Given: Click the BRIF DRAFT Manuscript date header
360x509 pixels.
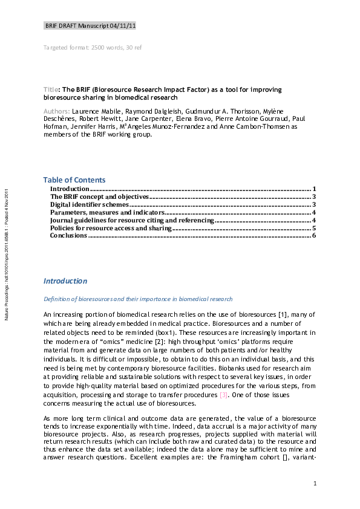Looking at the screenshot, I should [90, 27].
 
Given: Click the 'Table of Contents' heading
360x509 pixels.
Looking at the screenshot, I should [74, 180].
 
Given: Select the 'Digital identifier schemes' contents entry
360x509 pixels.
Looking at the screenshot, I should [85, 205].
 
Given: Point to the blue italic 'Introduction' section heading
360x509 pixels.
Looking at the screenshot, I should [65, 281].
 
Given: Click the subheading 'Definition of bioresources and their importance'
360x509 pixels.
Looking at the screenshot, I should [137, 299].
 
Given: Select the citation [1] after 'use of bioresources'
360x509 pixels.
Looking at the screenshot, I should [281, 314].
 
